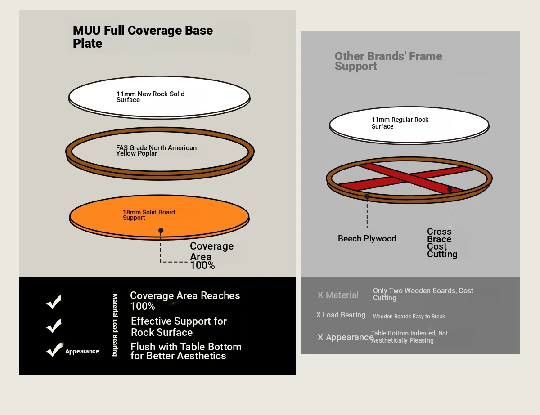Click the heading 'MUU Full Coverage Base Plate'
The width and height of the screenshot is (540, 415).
click(x=143, y=37)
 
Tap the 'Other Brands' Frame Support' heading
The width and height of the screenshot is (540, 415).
click(x=388, y=61)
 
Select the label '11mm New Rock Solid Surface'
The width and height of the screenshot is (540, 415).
click(x=150, y=97)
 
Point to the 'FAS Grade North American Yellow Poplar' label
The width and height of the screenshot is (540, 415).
click(x=156, y=151)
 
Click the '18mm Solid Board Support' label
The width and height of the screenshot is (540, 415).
click(x=148, y=215)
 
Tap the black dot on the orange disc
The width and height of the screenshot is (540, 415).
click(x=161, y=231)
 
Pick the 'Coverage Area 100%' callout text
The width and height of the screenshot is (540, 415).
click(x=212, y=256)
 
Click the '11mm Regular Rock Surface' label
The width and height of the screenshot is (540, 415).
click(x=400, y=123)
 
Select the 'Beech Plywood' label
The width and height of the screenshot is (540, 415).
click(x=367, y=239)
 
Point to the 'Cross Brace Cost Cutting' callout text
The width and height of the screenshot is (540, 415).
click(x=442, y=243)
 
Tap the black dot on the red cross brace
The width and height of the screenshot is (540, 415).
click(x=450, y=189)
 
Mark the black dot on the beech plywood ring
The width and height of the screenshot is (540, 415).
click(x=367, y=196)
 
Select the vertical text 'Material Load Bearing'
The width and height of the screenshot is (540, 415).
click(x=115, y=325)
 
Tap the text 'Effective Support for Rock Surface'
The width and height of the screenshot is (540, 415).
click(x=179, y=326)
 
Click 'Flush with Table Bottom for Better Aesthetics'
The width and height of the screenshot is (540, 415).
click(x=186, y=351)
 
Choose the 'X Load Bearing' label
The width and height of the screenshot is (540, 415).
click(x=341, y=315)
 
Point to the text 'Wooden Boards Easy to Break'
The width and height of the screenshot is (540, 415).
click(x=409, y=317)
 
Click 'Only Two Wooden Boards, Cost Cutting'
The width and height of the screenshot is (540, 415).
click(x=423, y=294)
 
